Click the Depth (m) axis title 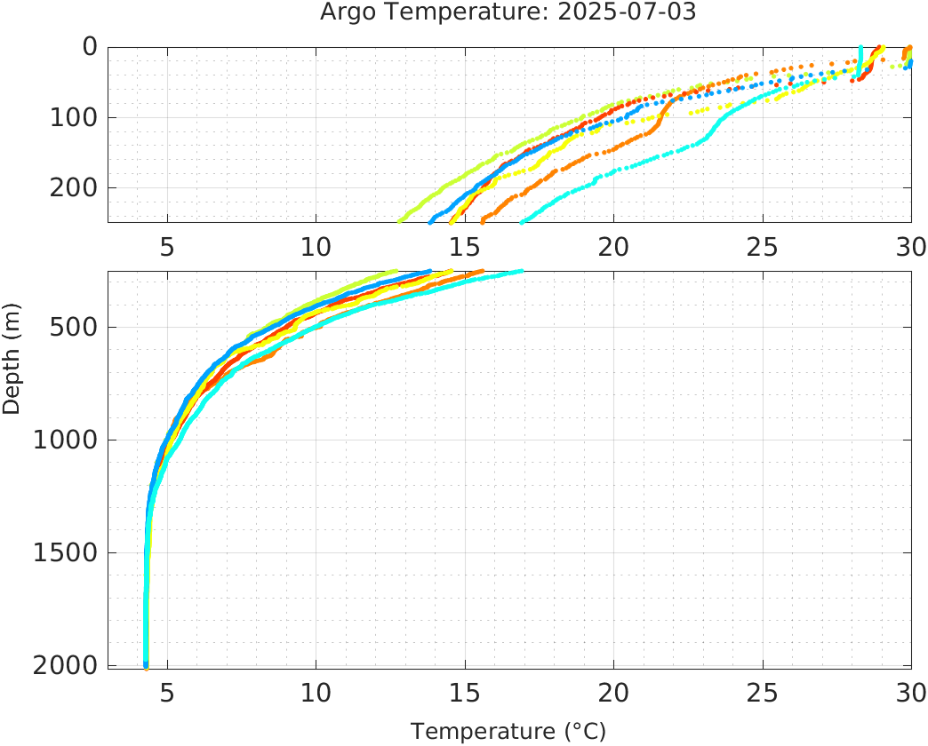point(12,356)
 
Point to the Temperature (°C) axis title point(508,731)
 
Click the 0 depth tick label point(90,47)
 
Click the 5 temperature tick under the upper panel point(167,246)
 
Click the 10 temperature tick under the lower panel point(316,692)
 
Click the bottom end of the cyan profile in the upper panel point(522,221)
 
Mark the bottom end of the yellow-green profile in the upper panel point(400,220)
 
